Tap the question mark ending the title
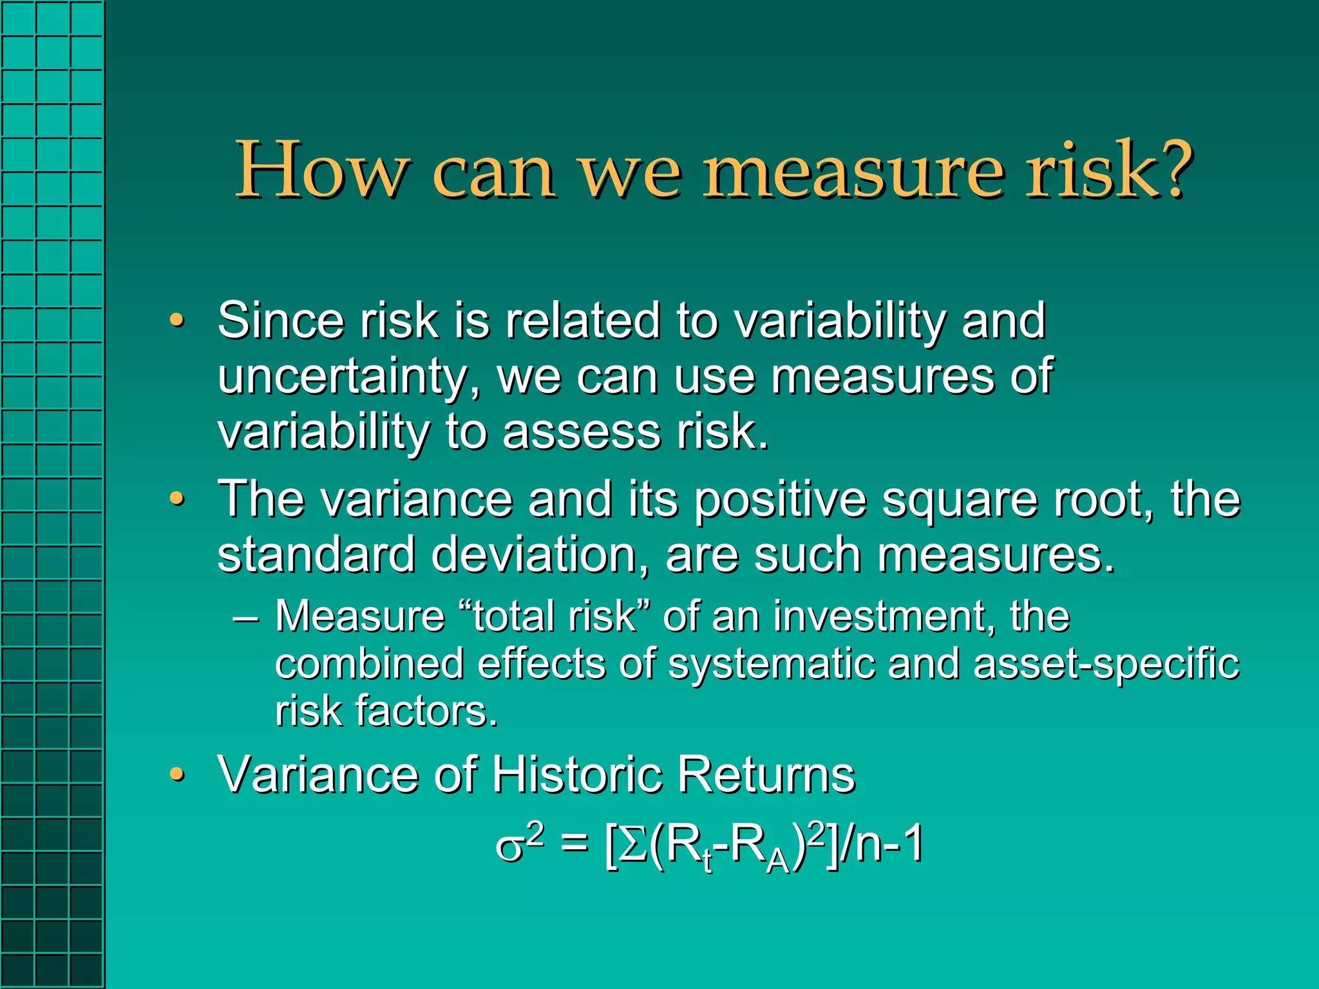1170,169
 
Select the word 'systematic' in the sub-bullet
771,664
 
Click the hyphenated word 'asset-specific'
1106,663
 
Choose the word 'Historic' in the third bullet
576,774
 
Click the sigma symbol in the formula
509,849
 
